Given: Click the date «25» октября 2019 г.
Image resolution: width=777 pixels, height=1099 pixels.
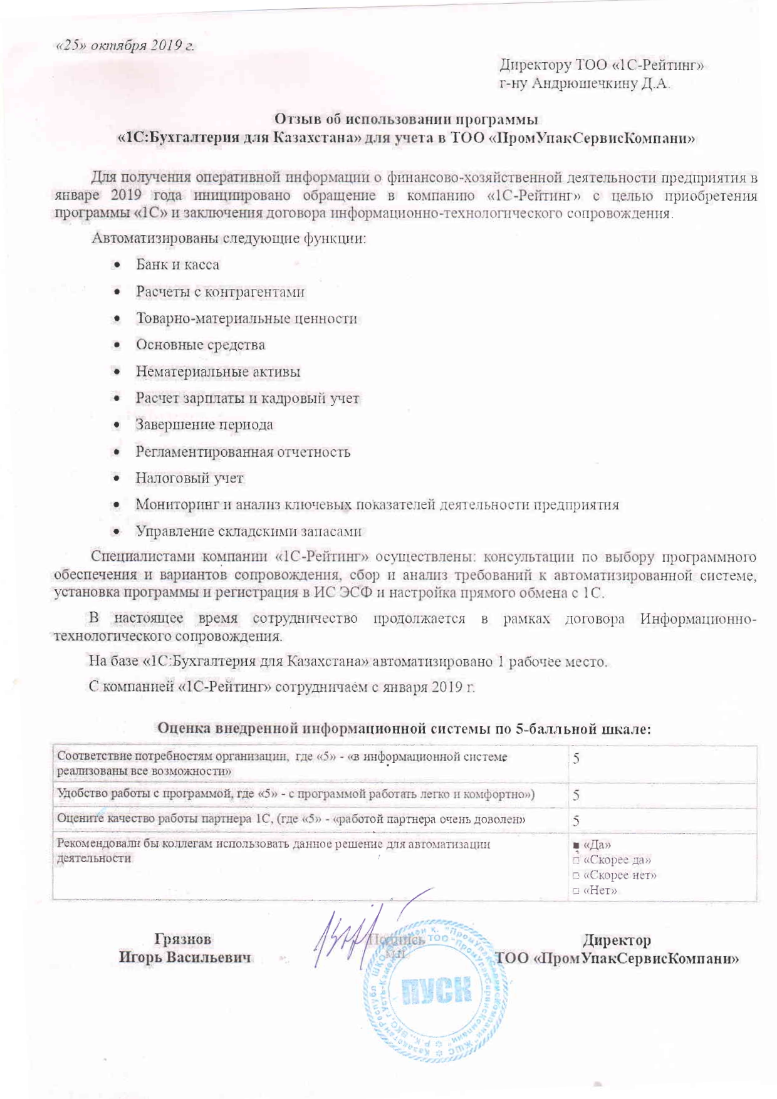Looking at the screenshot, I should pos(125,46).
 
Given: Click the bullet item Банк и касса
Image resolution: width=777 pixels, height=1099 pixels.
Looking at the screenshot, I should pos(177,264).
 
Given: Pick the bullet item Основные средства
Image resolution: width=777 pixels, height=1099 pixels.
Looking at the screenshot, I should pos(200,345).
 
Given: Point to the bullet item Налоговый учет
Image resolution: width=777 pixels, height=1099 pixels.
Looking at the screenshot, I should pos(189,478).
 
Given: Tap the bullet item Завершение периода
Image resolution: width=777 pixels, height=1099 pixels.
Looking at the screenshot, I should pos(204,425).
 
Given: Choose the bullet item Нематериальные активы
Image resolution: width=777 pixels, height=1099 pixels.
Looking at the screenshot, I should pos(217,372).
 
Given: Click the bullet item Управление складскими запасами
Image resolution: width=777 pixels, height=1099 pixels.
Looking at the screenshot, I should pos(249,531).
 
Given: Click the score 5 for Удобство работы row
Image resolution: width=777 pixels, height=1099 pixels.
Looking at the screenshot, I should pos(576,796).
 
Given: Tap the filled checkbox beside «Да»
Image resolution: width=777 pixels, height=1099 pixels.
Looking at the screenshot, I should pos(576,846).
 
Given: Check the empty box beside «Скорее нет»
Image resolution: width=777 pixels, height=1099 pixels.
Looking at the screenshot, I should pos(576,875).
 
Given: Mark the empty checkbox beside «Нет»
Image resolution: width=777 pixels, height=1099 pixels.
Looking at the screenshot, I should pos(576,890).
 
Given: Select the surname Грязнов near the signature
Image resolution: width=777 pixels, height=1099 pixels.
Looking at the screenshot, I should pos(183,940).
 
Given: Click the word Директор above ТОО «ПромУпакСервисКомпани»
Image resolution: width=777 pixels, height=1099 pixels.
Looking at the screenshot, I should pos(617,940).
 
